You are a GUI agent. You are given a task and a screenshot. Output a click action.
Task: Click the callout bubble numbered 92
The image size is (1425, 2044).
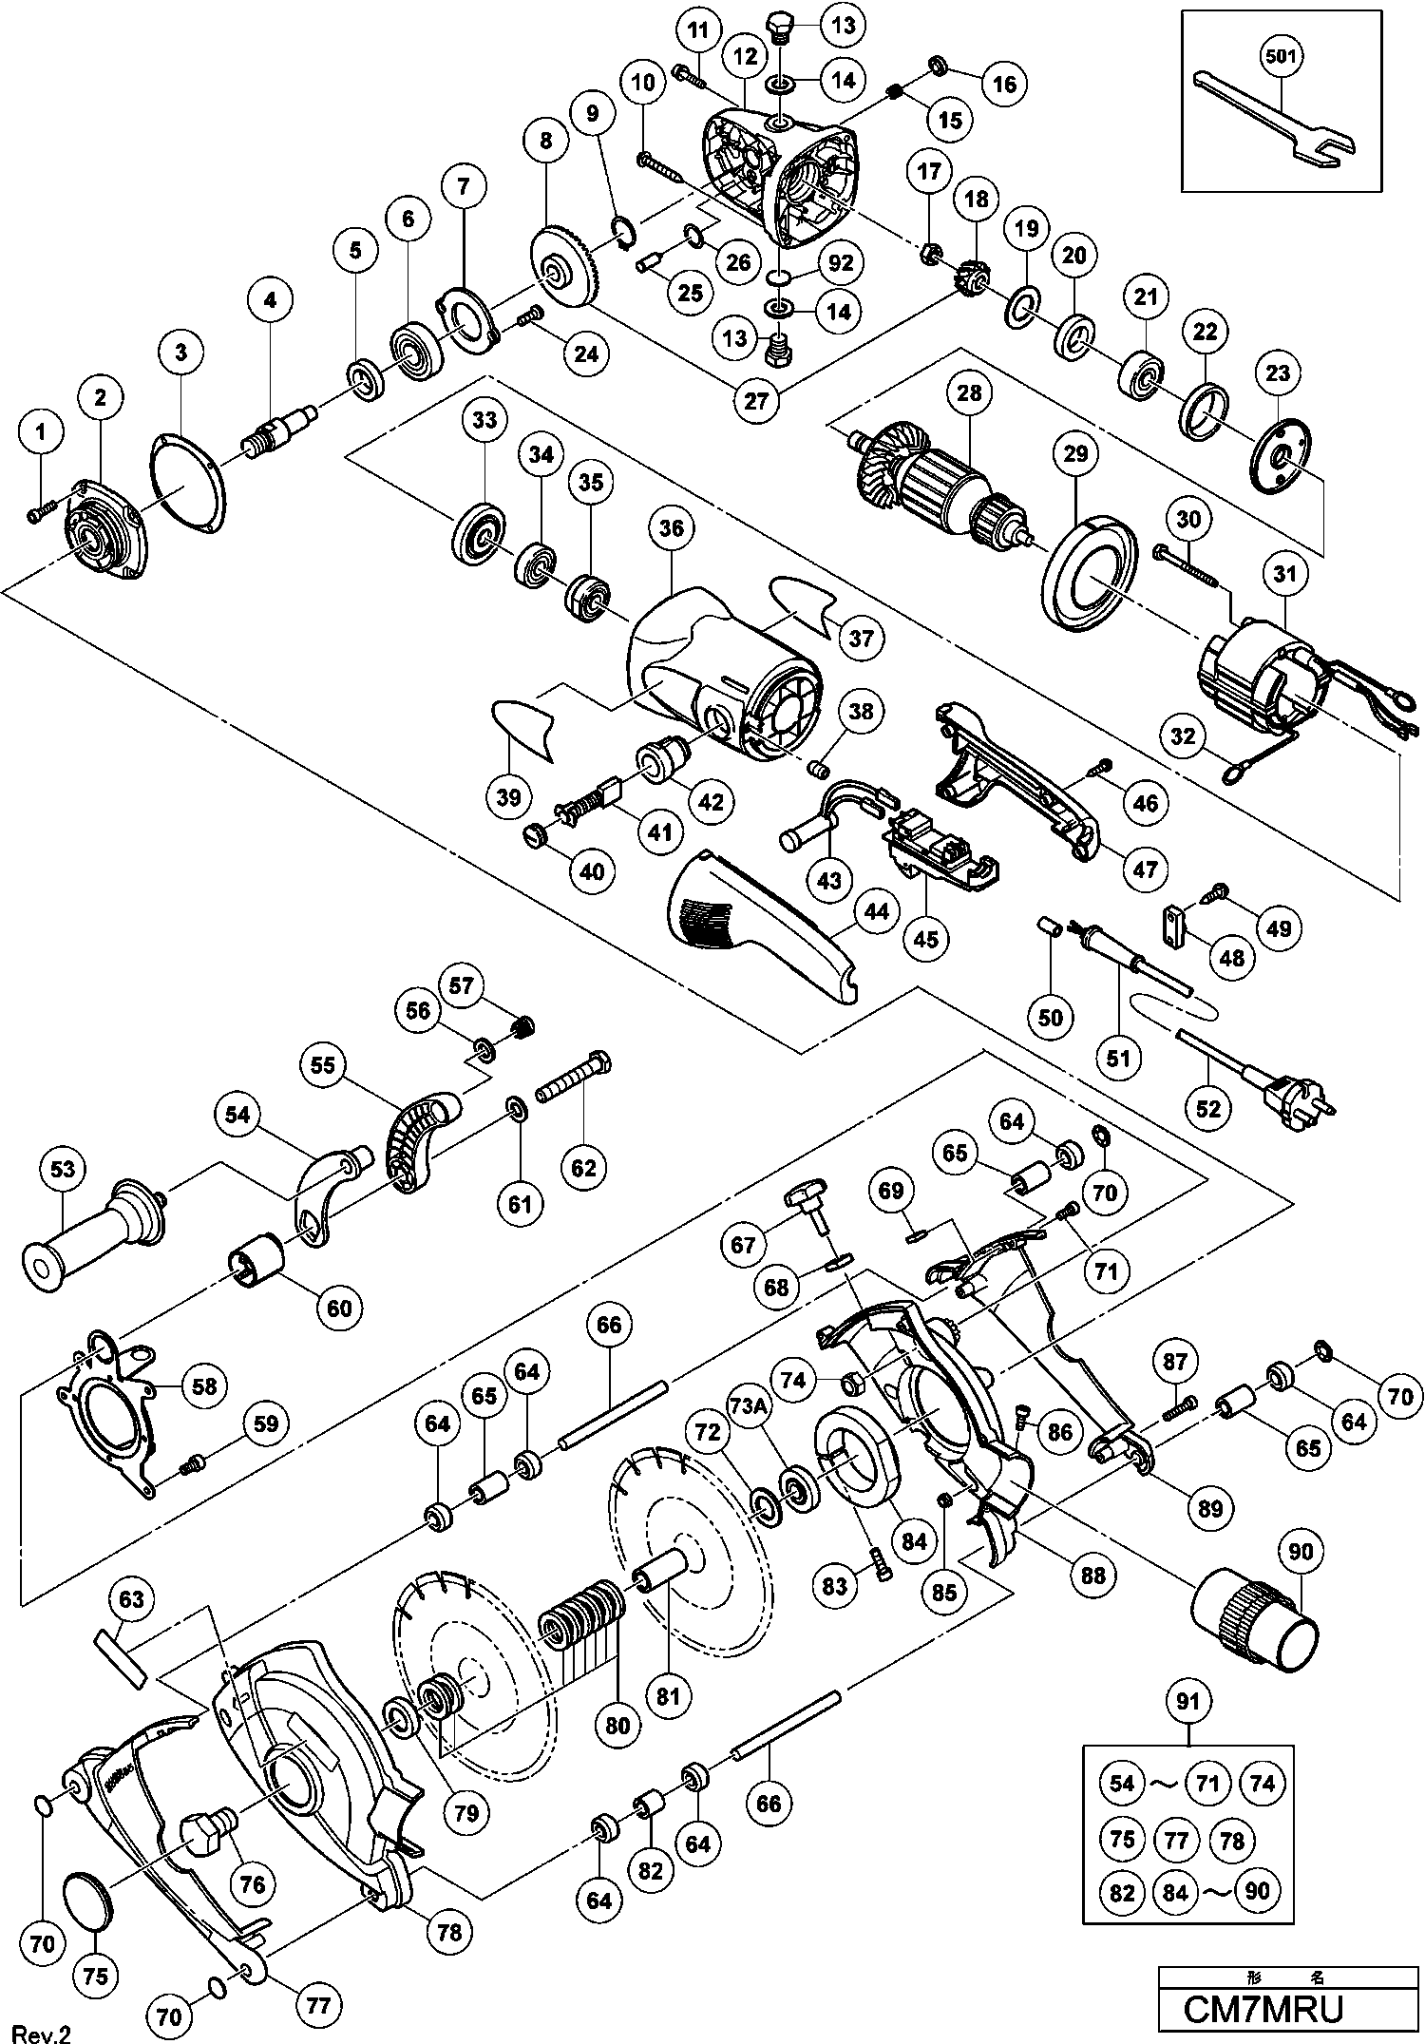click(x=840, y=261)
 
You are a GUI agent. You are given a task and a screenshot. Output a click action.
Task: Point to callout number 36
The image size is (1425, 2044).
click(x=671, y=527)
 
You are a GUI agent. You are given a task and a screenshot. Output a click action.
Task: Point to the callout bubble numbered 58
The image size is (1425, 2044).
click(x=204, y=1386)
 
